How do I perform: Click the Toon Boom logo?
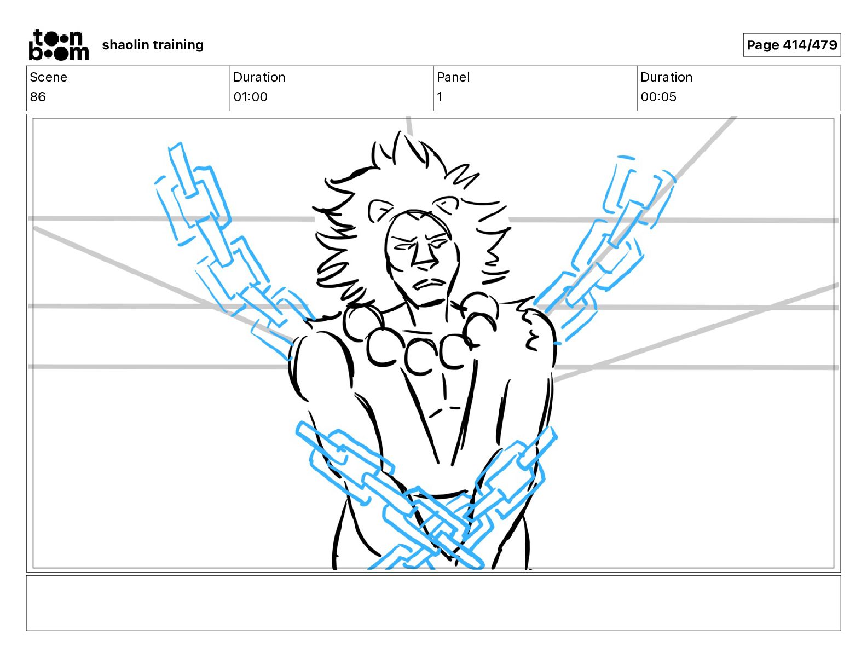click(x=59, y=45)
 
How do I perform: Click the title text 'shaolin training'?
click(x=153, y=45)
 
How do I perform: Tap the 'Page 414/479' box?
click(x=791, y=45)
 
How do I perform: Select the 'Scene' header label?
click(x=49, y=77)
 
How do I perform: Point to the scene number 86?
click(x=38, y=97)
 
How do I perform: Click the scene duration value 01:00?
click(x=250, y=97)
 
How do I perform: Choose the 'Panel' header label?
click(x=453, y=77)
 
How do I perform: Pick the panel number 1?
click(x=440, y=97)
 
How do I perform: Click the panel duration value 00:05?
click(x=658, y=97)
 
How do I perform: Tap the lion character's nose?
click(x=423, y=257)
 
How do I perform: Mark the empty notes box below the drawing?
click(x=433, y=603)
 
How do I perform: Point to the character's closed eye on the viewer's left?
click(x=403, y=247)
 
